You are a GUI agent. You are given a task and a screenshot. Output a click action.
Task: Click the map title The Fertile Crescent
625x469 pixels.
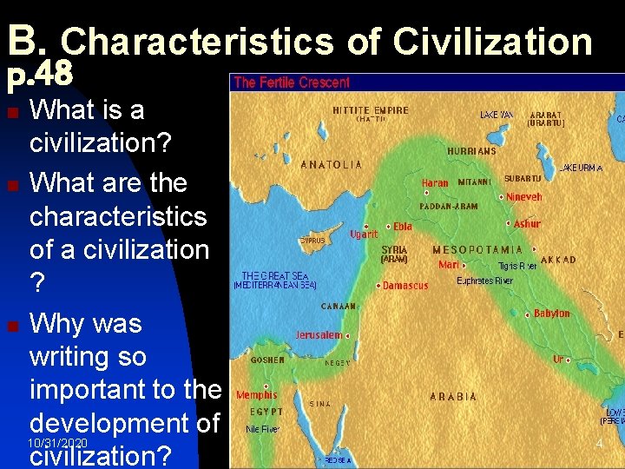[292, 83]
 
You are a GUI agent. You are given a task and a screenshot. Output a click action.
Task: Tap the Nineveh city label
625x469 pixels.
[524, 196]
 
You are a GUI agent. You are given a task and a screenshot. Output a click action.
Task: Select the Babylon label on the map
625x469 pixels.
[552, 314]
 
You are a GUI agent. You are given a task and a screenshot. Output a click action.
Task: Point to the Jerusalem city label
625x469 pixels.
[319, 334]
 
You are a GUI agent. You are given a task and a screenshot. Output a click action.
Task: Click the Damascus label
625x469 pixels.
[406, 285]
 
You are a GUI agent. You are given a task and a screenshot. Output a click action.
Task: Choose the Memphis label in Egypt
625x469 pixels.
[257, 395]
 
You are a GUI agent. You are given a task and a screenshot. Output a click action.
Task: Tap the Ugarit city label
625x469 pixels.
[364, 234]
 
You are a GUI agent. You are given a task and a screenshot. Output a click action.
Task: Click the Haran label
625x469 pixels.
[435, 183]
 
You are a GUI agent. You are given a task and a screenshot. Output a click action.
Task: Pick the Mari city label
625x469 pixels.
[449, 265]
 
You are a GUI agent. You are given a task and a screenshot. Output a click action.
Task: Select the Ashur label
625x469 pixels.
[527, 224]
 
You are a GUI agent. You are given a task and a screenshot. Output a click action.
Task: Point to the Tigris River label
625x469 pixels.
[517, 266]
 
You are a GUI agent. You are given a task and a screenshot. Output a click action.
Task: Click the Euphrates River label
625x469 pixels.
[485, 281]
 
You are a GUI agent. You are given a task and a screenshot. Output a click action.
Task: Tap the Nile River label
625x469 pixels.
[263, 428]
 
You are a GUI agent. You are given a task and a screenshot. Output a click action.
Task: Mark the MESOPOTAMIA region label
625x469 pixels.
[477, 250]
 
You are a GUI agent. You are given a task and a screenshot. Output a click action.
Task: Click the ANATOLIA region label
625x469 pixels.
[332, 163]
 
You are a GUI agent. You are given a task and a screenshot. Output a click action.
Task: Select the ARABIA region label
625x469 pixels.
[454, 396]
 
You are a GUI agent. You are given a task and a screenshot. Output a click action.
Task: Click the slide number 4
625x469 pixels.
[598, 444]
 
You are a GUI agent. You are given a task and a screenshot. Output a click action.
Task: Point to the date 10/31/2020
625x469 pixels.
[57, 444]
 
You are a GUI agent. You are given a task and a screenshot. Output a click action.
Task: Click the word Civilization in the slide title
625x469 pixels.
[491, 41]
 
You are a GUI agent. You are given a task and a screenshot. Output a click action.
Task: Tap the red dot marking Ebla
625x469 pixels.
[388, 227]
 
